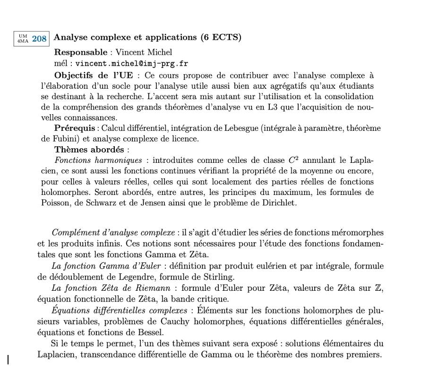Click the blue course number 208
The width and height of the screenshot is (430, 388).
[x=40, y=39]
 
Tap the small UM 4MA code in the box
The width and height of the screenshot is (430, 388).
[x=23, y=39]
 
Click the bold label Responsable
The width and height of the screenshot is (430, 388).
[x=81, y=52]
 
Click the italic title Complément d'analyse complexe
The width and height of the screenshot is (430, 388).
[x=113, y=232]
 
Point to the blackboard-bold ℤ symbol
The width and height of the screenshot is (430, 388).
[x=378, y=288]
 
